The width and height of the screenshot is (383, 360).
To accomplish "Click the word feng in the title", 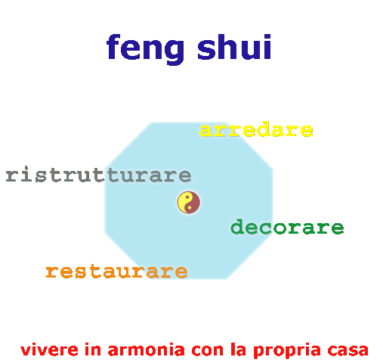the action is [145, 49].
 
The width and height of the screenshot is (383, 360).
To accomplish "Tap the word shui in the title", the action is [234, 47].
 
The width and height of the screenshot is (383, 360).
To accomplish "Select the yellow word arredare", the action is [256, 129].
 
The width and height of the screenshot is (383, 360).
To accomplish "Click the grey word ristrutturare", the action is [98, 174].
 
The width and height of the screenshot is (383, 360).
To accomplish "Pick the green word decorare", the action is [287, 227].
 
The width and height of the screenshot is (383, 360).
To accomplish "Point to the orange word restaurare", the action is [116, 272].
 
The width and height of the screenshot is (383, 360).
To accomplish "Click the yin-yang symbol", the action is [189, 202].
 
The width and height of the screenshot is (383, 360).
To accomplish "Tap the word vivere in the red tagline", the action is [49, 350].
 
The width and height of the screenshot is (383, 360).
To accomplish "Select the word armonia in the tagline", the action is [146, 350].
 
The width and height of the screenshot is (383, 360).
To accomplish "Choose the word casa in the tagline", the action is [348, 350].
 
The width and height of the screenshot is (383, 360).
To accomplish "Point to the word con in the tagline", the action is [208, 350].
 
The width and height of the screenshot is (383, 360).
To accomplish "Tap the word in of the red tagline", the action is [93, 350].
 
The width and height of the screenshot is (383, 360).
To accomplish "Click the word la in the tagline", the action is [238, 350].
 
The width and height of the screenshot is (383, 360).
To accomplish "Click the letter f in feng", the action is [113, 47].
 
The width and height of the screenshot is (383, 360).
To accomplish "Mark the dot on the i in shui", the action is [268, 37].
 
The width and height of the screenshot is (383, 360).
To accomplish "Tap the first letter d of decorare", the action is [237, 226].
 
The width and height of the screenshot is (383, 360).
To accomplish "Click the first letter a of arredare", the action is [206, 131].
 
